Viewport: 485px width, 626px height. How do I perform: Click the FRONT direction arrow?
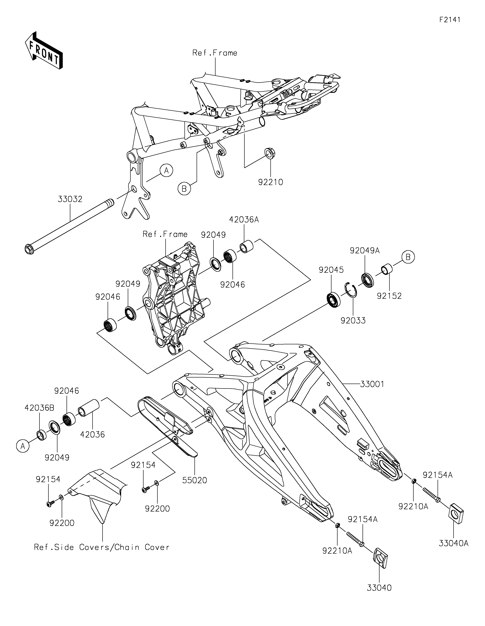[x=44, y=50]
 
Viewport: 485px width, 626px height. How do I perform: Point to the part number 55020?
[x=195, y=480]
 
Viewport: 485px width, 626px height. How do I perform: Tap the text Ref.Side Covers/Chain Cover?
[x=102, y=547]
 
